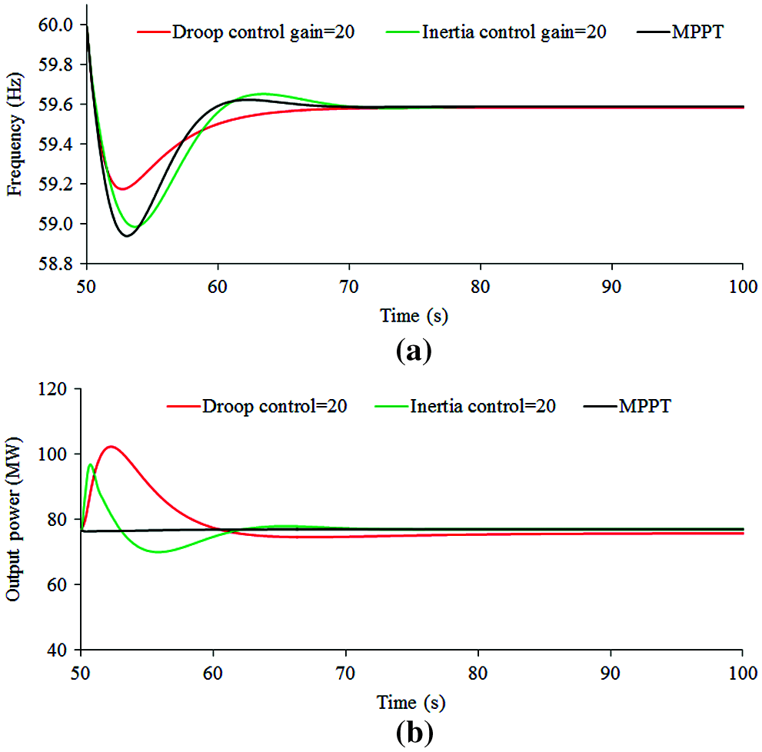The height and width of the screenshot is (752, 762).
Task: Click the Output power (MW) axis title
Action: [13, 520]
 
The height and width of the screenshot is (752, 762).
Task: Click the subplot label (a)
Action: [413, 351]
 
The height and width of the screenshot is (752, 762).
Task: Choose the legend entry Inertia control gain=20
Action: [514, 33]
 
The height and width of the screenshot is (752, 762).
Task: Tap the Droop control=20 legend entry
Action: [274, 405]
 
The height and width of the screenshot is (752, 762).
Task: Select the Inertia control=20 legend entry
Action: [482, 405]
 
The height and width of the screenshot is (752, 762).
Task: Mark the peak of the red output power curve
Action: [111, 446]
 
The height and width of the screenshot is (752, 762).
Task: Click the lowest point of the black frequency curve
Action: [126, 236]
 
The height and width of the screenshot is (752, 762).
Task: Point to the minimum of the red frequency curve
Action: [121, 189]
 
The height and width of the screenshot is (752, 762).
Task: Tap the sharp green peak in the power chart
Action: [91, 464]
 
